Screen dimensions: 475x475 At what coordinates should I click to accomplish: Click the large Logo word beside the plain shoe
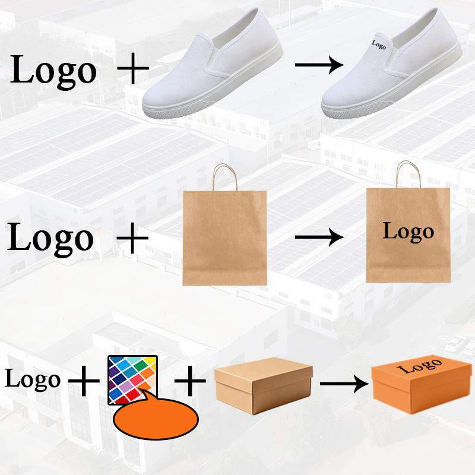(x=53, y=70)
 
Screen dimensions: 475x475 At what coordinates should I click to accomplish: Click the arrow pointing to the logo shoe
(x=319, y=64)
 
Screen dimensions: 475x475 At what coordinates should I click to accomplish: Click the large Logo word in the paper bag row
(x=51, y=237)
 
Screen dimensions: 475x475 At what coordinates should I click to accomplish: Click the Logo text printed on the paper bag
(x=408, y=231)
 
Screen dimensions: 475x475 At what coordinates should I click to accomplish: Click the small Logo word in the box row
(x=33, y=379)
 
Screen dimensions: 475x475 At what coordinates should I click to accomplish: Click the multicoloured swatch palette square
(x=134, y=378)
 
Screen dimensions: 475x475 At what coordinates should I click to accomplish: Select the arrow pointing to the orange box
(x=343, y=384)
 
